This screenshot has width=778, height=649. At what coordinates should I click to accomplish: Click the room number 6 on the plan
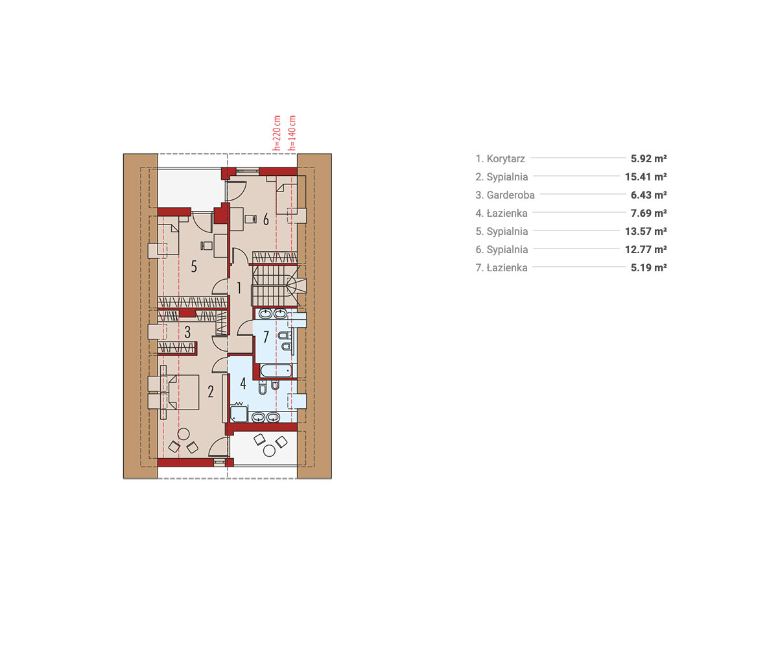tap(266, 219)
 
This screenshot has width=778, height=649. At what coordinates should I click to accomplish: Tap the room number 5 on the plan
tap(194, 266)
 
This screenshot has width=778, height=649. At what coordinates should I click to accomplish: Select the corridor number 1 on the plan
tap(239, 288)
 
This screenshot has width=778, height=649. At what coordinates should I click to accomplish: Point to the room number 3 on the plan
tap(187, 332)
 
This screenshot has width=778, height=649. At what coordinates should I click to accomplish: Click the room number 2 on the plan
tap(211, 391)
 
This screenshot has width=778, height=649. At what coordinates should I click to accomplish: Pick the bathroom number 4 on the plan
tap(243, 383)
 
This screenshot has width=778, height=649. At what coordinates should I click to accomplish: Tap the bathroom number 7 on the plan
tap(266, 337)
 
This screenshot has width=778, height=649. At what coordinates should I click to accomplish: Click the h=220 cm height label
tap(276, 133)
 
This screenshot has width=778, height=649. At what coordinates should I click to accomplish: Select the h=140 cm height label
tap(292, 133)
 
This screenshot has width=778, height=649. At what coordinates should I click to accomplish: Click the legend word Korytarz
tap(506, 159)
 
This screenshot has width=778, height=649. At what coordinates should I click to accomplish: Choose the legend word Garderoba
tap(510, 195)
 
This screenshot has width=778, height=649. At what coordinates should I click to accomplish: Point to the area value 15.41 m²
tap(646, 177)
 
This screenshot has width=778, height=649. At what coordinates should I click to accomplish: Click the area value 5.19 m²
tap(649, 268)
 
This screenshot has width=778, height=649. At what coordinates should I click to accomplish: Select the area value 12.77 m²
tap(646, 249)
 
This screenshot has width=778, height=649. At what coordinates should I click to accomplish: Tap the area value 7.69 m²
tap(649, 214)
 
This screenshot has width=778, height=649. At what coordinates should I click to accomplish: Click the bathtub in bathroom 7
tap(276, 371)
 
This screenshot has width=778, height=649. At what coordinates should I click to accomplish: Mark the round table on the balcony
tap(269, 451)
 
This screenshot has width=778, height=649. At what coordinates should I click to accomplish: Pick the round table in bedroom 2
tap(183, 434)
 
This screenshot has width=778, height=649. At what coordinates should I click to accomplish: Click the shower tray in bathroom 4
tap(239, 414)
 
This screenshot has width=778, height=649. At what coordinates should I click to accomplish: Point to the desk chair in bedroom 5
tap(206, 245)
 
